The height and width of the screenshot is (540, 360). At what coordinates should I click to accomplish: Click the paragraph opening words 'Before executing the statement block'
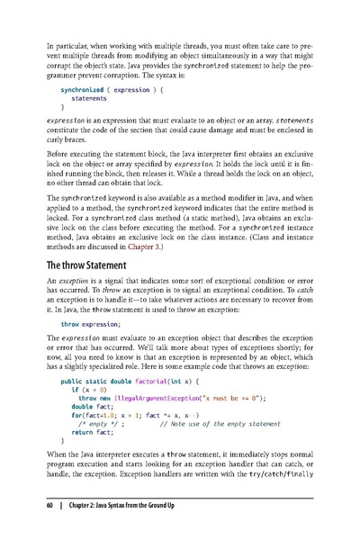[117, 154]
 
